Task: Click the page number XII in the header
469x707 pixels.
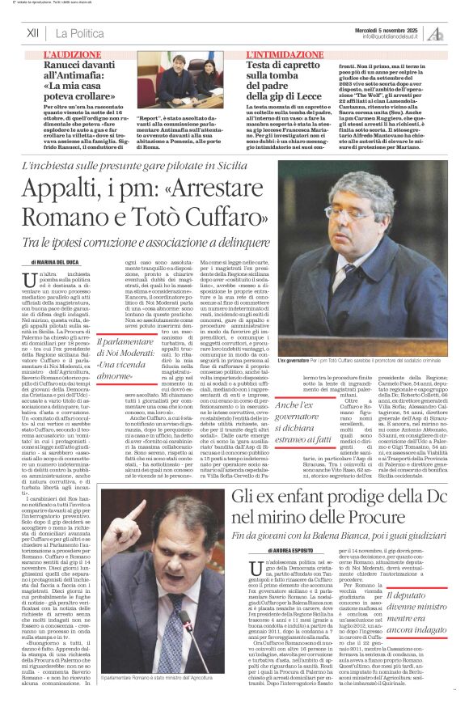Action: pyautogui.click(x=33, y=33)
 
